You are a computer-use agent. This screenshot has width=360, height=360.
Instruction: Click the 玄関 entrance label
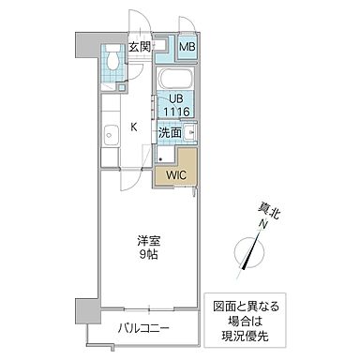(140, 46)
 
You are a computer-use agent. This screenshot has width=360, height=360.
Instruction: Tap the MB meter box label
(187, 47)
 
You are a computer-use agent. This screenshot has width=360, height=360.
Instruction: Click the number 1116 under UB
(176, 112)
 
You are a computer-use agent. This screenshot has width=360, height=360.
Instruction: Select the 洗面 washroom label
(170, 133)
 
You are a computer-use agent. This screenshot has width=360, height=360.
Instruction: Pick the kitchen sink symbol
(110, 135)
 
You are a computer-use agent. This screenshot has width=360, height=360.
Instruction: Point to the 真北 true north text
(270, 212)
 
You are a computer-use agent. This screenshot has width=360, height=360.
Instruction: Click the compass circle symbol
(247, 253)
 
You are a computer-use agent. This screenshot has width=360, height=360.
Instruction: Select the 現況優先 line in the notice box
(250, 335)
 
